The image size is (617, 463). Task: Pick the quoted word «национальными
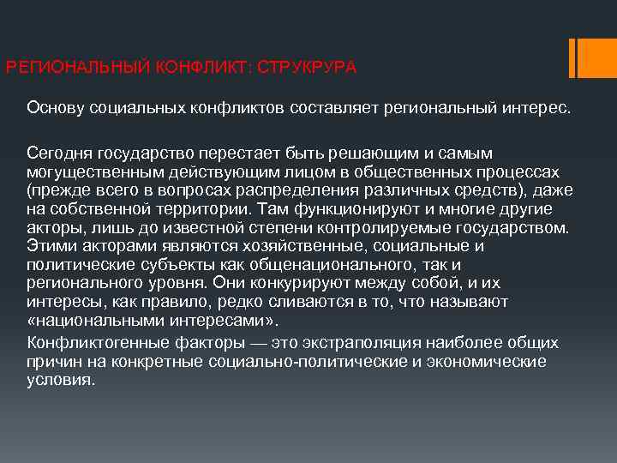[99, 321]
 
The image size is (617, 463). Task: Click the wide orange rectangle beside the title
[594, 57]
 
